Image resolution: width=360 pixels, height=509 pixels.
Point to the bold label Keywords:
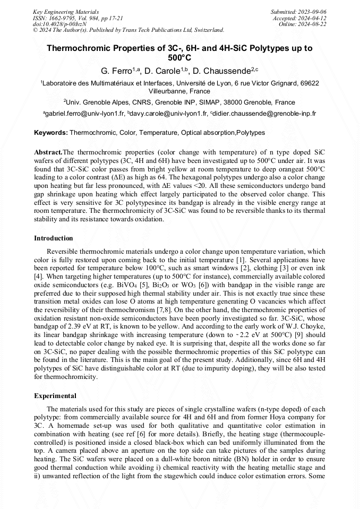click(x=51, y=133)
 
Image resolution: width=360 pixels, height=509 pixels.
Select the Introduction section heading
click(x=54, y=238)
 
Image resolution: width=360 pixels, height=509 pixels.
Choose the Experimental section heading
click(x=55, y=395)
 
